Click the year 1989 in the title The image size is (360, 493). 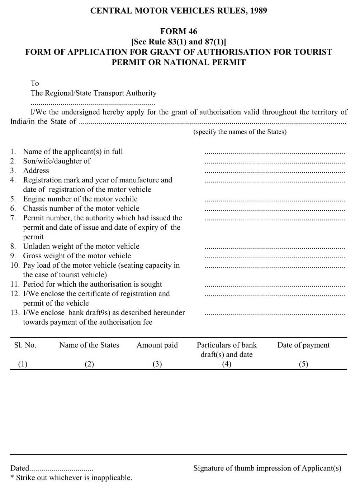click(x=258, y=11)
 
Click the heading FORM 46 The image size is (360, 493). click(x=179, y=31)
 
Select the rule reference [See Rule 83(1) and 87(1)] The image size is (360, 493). click(x=179, y=41)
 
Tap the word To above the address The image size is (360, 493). click(x=35, y=83)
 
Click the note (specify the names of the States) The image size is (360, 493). click(x=240, y=132)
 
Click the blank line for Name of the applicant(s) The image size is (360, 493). click(x=274, y=153)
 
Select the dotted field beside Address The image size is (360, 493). click(x=274, y=172)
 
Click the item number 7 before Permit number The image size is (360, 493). click(x=13, y=218)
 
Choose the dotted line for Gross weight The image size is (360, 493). click(x=274, y=257)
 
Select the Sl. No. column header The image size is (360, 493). click(x=25, y=345)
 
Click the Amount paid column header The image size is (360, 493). click(x=157, y=345)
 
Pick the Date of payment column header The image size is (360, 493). click(x=303, y=345)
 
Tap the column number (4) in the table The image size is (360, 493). click(x=227, y=364)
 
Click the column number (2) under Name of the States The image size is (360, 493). click(x=89, y=364)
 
